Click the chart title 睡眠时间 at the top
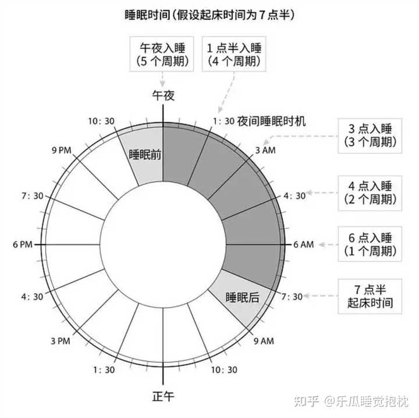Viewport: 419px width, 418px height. point(147,15)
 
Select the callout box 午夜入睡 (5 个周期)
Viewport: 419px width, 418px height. point(162,54)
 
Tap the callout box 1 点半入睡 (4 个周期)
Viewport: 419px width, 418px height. point(234,54)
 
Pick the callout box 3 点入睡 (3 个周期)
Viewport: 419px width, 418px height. point(370,136)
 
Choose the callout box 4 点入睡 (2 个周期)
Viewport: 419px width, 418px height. point(370,194)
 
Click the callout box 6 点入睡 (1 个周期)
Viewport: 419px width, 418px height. point(370,244)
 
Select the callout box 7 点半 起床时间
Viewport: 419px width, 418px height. point(370,296)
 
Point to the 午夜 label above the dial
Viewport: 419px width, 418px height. point(164,96)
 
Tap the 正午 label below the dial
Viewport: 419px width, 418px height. point(164,396)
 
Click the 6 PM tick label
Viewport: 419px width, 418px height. point(23,244)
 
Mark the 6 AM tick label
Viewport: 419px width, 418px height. point(304,244)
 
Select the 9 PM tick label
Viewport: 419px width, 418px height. point(62,150)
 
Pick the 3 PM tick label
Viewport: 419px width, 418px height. point(61,341)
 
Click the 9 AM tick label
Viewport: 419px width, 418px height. point(264,341)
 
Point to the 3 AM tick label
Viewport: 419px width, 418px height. point(265,150)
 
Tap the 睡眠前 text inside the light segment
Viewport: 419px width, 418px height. point(145,154)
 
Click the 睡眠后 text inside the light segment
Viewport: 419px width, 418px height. point(242,297)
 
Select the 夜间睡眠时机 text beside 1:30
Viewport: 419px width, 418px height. point(271,121)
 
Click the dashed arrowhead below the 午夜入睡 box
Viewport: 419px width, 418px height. point(162,83)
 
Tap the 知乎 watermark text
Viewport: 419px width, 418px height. point(307,402)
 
